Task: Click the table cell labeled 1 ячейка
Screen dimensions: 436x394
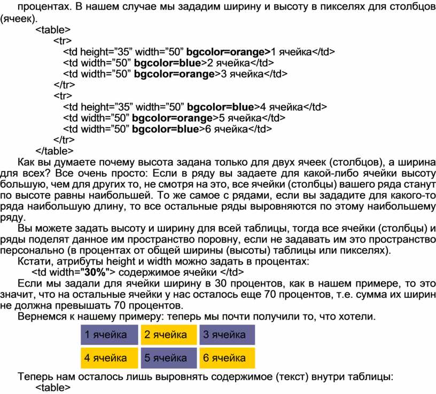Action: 110,335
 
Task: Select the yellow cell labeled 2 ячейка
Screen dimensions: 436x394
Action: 169,335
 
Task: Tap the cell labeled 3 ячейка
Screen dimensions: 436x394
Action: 227,335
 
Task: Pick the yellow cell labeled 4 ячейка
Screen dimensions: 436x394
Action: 110,358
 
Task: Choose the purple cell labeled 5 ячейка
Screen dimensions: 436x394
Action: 169,358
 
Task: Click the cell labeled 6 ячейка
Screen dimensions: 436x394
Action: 227,358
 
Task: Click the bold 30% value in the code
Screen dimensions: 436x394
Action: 95,272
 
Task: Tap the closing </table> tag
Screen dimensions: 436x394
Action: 54,151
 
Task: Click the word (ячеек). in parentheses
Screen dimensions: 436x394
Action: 18,19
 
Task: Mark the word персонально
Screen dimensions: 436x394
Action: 32,250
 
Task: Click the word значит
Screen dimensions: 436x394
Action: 17,295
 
